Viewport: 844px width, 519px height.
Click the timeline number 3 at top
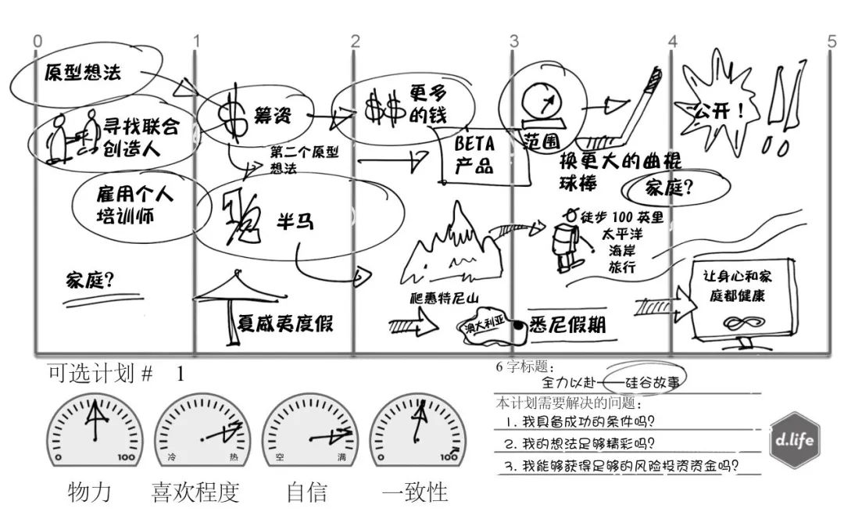[513, 41]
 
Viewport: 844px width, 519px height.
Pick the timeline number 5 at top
[831, 41]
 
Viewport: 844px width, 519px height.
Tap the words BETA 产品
[474, 155]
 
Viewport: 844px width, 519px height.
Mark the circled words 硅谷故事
[652, 382]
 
